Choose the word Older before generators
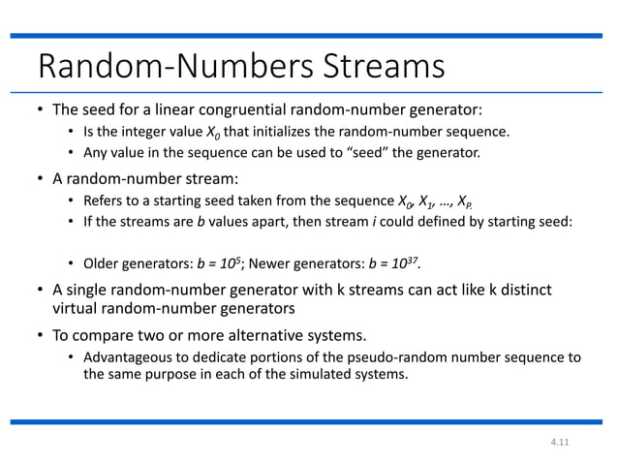click(x=104, y=263)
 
